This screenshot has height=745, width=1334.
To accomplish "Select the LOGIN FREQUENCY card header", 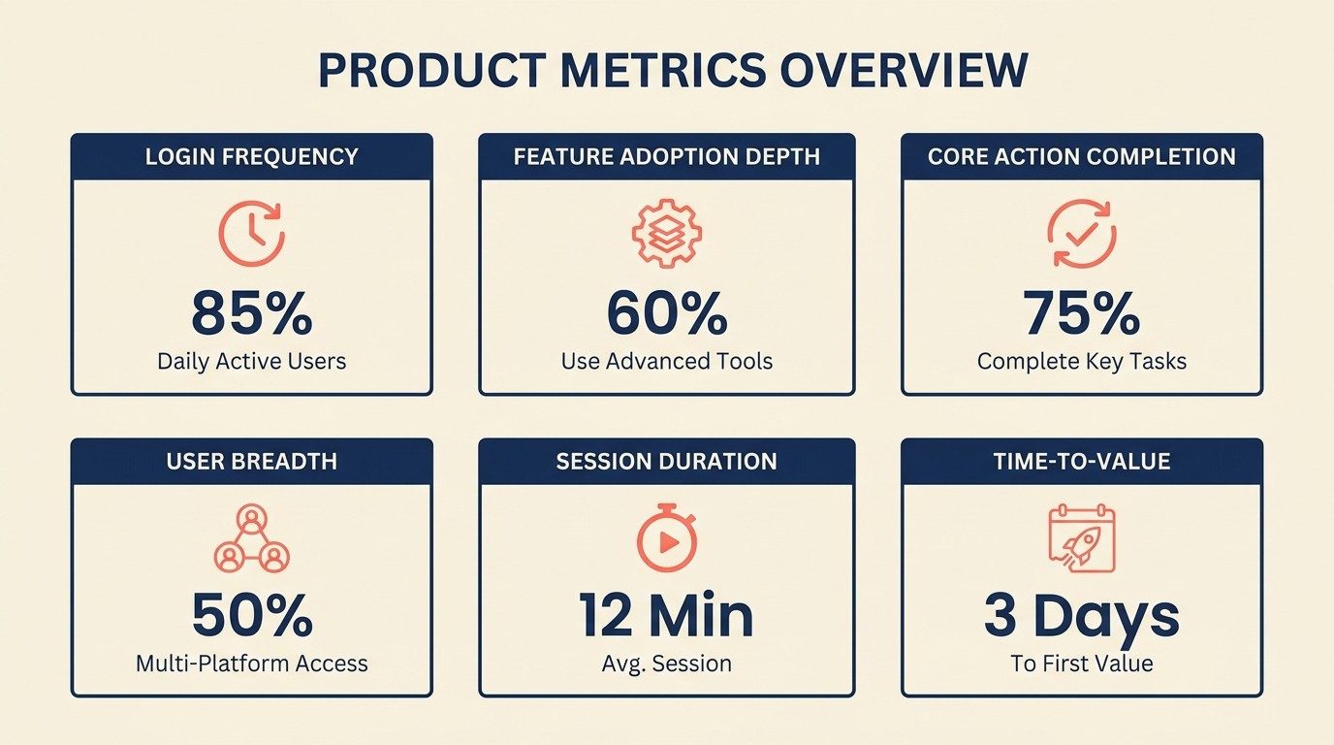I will (251, 156).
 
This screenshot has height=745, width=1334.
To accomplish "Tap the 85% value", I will (251, 312).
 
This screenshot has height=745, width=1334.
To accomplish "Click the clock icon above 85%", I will (251, 234).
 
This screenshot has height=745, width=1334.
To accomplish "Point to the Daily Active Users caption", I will (251, 362).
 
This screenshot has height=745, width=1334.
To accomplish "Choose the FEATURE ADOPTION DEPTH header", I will (667, 156).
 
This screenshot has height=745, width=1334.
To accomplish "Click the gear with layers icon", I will (667, 234).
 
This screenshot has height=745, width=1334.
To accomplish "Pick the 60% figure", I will (667, 312).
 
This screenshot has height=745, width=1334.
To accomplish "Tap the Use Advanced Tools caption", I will (667, 362).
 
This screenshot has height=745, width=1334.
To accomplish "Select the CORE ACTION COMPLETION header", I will (1082, 156).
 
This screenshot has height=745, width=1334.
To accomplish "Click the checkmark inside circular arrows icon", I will (1082, 234).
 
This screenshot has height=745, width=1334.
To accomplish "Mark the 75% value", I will (1082, 312).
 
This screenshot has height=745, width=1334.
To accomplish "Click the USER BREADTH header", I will (251, 461).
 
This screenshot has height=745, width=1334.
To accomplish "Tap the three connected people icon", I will (251, 537).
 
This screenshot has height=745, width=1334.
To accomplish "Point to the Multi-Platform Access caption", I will (251, 664).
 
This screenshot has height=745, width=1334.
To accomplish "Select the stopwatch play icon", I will (667, 537).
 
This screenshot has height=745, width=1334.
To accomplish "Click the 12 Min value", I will (667, 615).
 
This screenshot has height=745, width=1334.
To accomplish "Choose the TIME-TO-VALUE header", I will (1082, 461).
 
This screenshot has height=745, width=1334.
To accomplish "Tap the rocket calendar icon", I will (1082, 538).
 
